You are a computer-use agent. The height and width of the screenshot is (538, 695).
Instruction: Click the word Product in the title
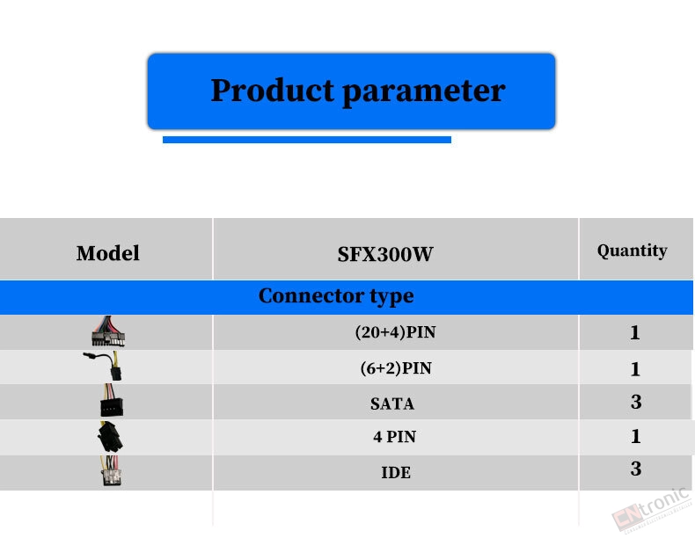(x=272, y=91)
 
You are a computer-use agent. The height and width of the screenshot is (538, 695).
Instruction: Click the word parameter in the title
(x=424, y=92)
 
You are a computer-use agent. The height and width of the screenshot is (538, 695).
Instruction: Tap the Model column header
(x=107, y=253)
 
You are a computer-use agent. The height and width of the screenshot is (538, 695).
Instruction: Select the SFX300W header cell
(x=385, y=254)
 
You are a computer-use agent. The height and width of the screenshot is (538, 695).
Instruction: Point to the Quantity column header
(x=632, y=251)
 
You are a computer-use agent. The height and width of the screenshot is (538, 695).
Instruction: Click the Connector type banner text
(x=336, y=296)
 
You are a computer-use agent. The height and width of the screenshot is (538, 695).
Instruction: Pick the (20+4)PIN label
(x=395, y=332)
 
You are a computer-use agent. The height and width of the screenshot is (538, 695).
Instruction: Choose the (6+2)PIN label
(x=396, y=368)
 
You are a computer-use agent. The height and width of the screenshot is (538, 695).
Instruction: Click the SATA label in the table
(x=392, y=403)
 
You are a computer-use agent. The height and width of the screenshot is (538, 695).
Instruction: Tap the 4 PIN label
(x=394, y=437)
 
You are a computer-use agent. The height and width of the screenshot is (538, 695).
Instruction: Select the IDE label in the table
(x=396, y=472)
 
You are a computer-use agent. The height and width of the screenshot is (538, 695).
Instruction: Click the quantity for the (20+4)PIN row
(x=634, y=332)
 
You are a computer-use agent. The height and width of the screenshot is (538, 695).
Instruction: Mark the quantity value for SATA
(x=636, y=402)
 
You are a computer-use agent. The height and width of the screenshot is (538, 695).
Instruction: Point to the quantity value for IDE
(x=636, y=469)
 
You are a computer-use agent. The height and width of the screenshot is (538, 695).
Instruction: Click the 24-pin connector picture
(x=108, y=331)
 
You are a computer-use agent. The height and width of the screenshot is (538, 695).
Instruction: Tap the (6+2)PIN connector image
(x=104, y=366)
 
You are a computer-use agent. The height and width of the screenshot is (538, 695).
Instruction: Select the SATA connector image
(x=111, y=400)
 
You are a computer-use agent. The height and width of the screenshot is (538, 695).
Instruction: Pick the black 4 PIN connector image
(x=110, y=437)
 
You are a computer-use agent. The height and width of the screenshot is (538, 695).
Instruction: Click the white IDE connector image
(x=110, y=471)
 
